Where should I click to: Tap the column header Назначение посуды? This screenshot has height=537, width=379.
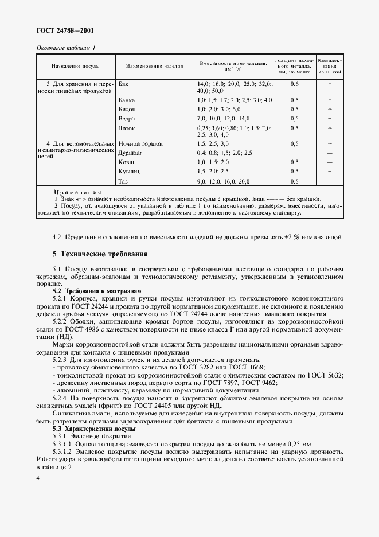coord(77,66)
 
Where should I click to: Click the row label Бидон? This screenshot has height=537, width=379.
coord(127,108)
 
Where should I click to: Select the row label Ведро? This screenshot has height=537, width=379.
coord(127,118)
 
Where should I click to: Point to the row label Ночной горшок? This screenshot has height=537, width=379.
coord(140,143)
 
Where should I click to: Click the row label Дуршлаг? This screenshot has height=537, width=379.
coord(131,153)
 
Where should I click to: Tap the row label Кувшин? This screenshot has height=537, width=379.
coord(129,172)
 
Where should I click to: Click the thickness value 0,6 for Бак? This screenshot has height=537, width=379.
coord(294,84)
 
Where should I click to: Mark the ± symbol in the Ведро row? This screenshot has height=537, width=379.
coord(330,118)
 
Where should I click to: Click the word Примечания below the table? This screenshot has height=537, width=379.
coord(77,192)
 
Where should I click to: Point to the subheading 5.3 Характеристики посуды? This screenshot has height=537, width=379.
coord(94,429)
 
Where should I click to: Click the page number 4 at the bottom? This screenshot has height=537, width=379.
coord(38,477)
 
